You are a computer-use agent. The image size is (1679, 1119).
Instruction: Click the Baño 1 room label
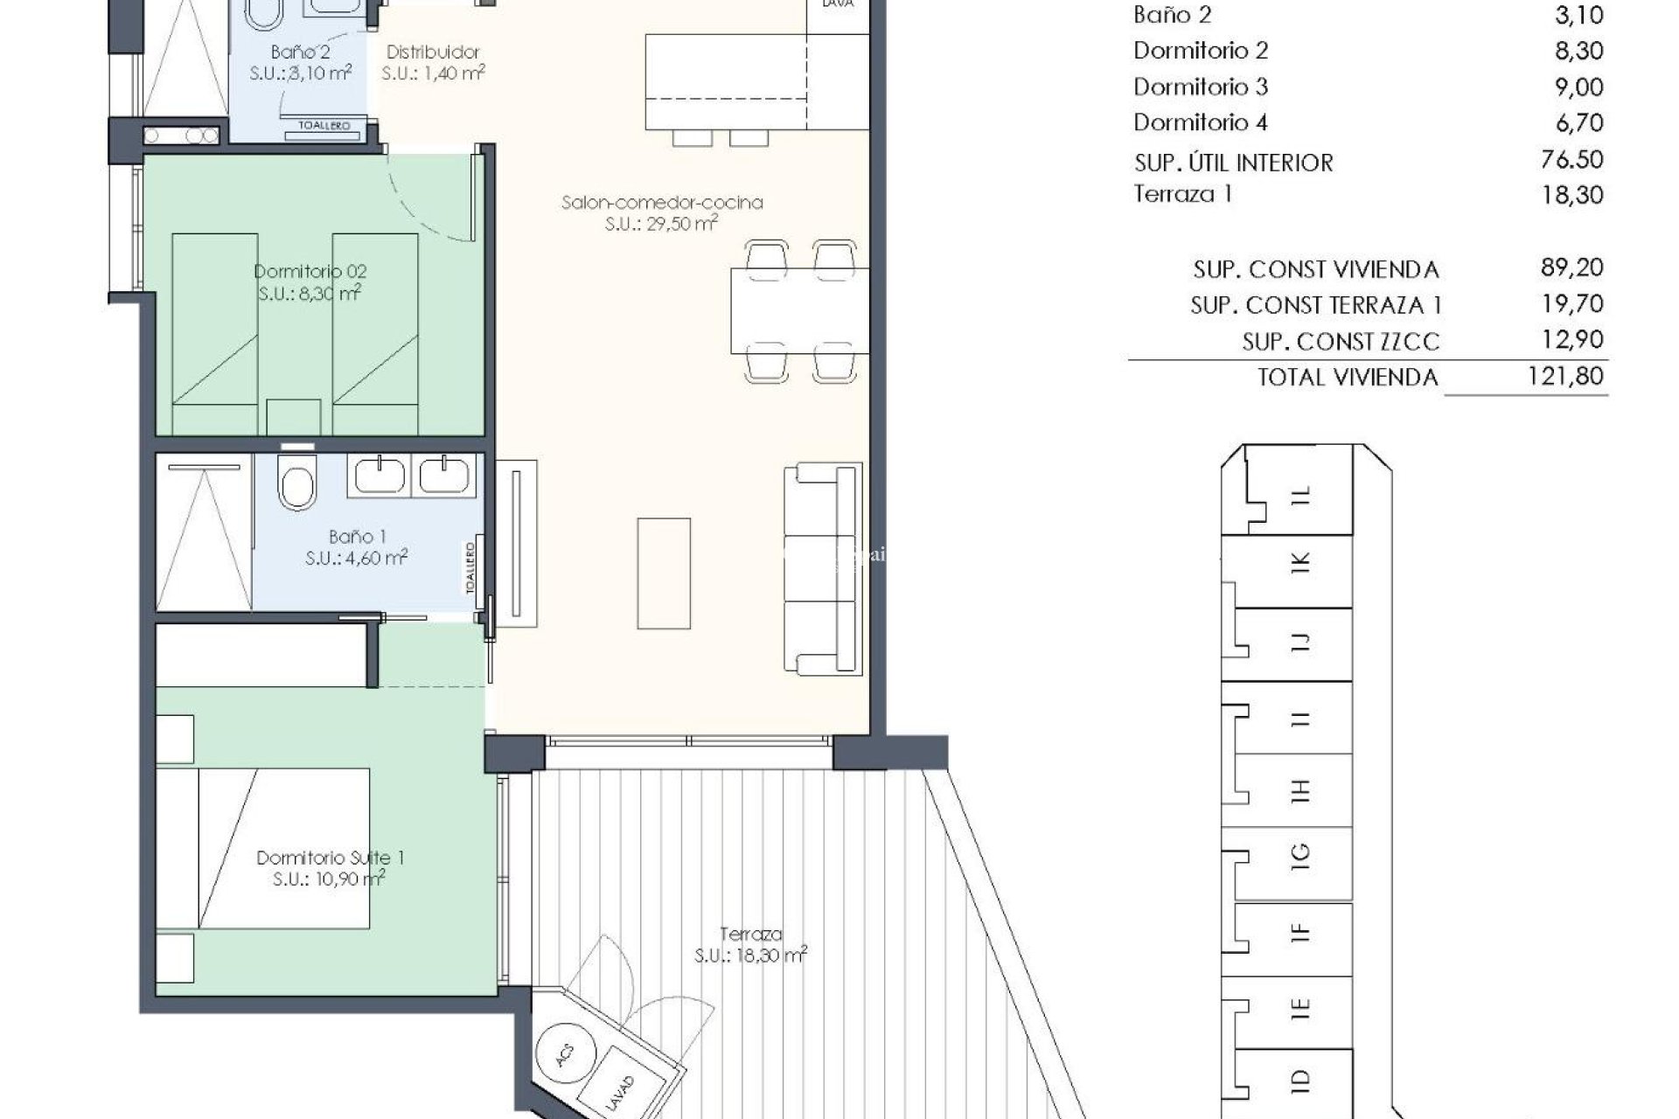(x=357, y=546)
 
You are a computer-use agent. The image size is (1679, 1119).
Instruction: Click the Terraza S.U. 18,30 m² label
(x=750, y=945)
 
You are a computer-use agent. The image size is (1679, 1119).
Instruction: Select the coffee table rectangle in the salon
(x=664, y=573)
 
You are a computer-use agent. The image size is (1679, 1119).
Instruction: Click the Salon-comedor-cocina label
(x=662, y=212)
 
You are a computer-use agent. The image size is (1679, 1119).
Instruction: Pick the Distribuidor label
(x=433, y=62)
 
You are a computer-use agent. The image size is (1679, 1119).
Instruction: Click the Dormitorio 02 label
(x=310, y=281)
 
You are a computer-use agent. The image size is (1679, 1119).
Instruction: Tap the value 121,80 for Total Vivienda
(x=1571, y=377)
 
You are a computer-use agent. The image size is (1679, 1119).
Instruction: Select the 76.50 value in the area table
(x=1571, y=160)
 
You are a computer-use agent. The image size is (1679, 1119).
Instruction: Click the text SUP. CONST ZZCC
(x=1340, y=342)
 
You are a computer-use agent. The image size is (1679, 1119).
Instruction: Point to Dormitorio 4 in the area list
(x=1200, y=122)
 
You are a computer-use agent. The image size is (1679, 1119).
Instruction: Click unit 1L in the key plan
(x=1301, y=496)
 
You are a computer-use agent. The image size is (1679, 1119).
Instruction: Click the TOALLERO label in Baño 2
(x=324, y=126)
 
